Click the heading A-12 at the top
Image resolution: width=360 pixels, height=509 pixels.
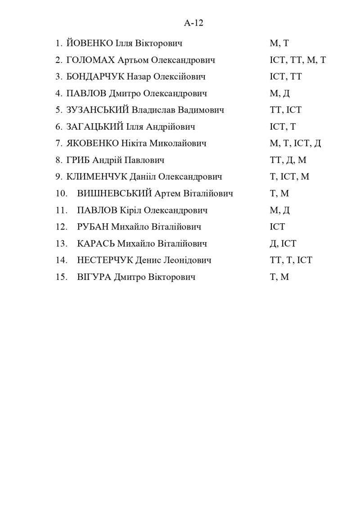(x=193, y=23)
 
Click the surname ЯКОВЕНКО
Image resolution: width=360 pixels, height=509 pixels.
(x=92, y=143)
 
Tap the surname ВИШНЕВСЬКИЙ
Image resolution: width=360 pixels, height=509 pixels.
(x=114, y=194)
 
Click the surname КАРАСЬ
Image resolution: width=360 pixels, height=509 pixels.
(x=96, y=243)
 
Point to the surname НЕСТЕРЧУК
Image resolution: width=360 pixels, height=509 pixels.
(x=105, y=260)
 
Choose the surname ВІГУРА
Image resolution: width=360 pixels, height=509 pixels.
(x=94, y=277)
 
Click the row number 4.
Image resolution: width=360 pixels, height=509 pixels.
(x=59, y=93)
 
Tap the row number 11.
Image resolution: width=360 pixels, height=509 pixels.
(x=61, y=210)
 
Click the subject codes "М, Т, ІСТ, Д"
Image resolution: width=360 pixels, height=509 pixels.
(x=295, y=143)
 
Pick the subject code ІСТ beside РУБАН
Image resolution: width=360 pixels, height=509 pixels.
(x=277, y=227)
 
